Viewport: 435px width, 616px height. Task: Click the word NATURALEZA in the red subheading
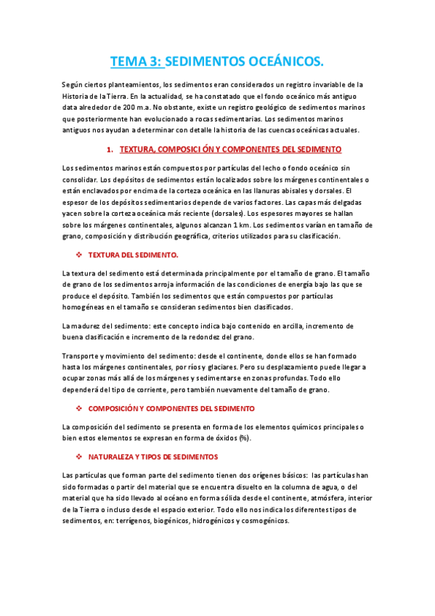(113, 457)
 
